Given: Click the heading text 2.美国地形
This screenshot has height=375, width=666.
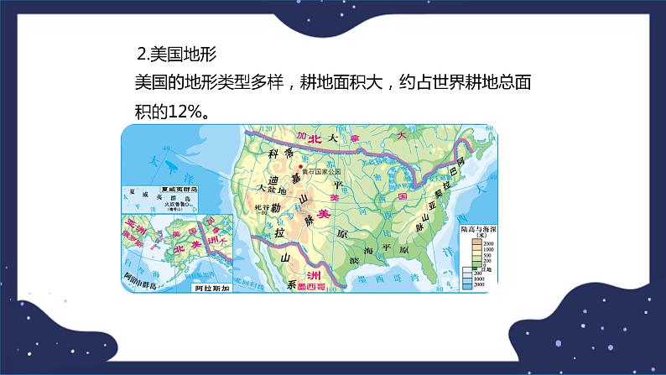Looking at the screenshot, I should click(176, 55).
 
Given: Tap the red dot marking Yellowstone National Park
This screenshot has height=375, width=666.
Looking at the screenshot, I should click(301, 167).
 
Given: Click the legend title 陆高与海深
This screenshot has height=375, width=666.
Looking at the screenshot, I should click(480, 229).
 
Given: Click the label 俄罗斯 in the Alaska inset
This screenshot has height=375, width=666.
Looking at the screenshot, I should click(137, 237).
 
